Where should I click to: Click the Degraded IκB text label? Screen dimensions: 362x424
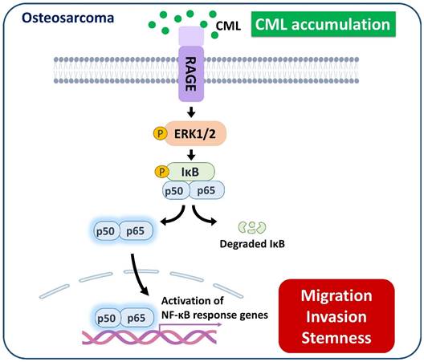point(254,249)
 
